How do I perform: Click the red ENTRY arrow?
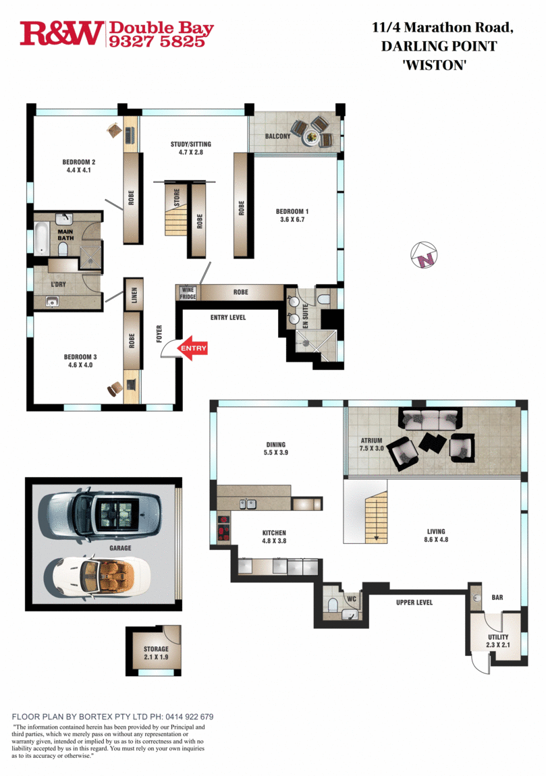click(193, 348)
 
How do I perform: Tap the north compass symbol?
click(425, 254)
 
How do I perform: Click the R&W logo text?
click(61, 33)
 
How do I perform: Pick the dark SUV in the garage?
click(100, 512)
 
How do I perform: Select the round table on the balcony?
click(311, 137)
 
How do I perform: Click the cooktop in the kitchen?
click(223, 528)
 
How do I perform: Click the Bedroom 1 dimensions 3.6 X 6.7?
click(293, 219)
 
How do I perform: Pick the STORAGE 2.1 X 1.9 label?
click(155, 653)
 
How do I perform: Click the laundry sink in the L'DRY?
click(53, 302)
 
